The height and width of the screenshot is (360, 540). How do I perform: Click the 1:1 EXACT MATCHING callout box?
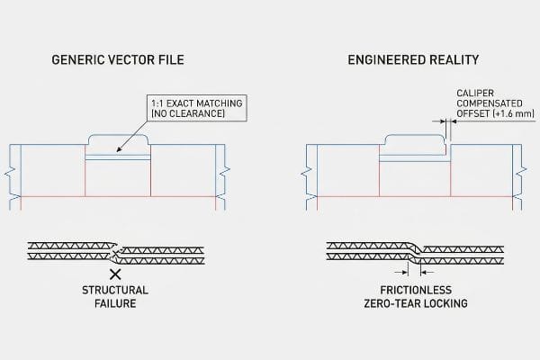tap(196, 108)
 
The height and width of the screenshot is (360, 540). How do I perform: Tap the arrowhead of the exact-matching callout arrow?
tap(119, 149)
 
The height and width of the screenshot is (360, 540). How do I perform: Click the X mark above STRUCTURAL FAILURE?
tap(115, 274)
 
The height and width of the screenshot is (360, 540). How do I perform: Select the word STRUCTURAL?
tap(115, 290)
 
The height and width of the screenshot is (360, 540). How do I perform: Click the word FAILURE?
tap(115, 303)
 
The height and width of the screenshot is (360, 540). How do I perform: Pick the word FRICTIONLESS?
tap(416, 290)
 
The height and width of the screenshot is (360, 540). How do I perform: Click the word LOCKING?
tap(446, 303)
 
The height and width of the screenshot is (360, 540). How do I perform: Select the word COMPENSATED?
tap(490, 103)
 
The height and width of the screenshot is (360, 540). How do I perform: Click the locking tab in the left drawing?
tap(118, 140)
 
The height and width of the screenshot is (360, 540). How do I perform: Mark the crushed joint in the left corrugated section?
tap(117, 253)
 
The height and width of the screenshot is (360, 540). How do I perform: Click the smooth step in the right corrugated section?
tap(415, 253)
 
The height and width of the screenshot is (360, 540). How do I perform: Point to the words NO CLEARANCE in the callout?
tap(188, 113)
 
